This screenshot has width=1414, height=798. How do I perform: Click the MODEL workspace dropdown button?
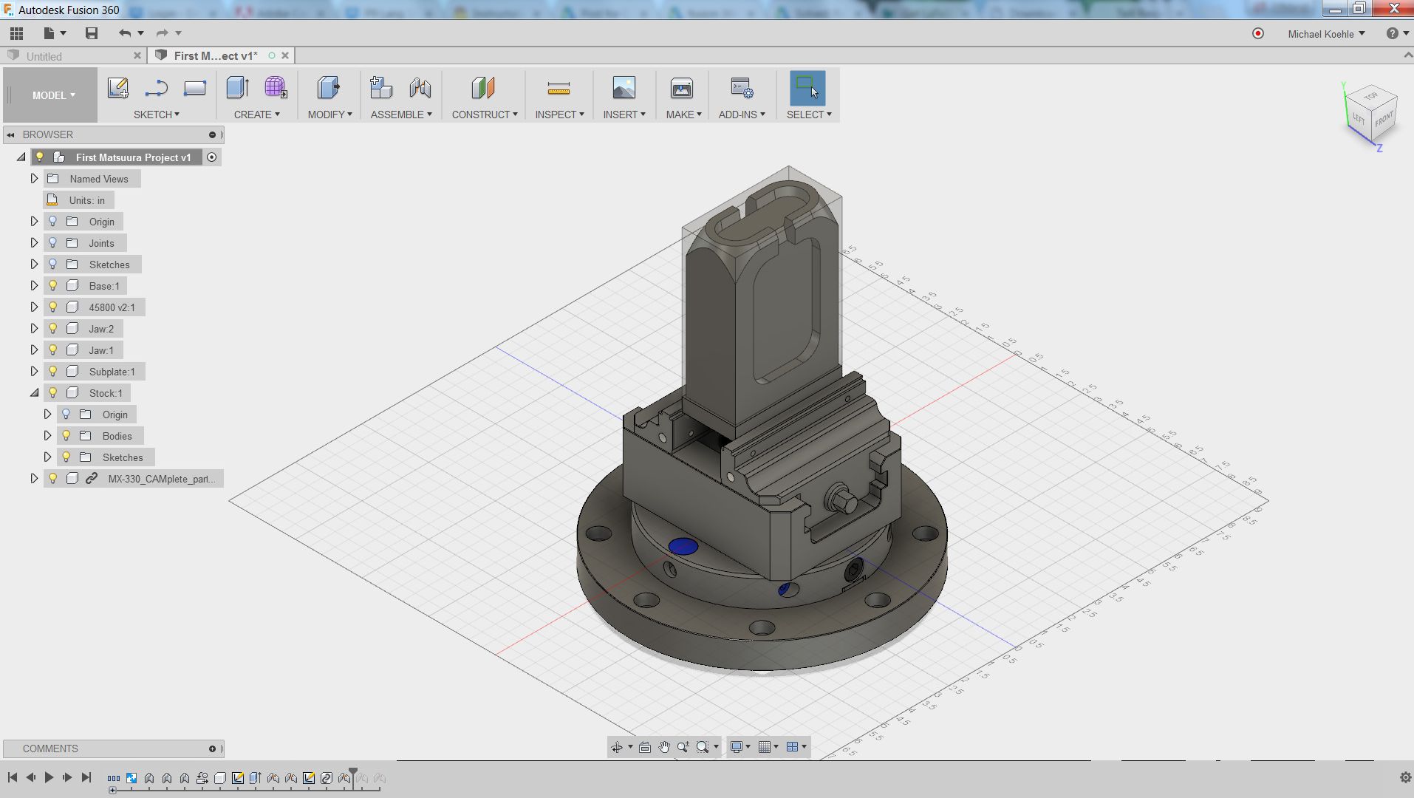point(52,95)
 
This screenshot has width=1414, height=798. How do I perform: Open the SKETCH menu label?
point(156,115)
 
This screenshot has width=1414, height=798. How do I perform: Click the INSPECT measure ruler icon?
point(559,89)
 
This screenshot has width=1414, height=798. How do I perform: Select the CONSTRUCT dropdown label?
point(484,115)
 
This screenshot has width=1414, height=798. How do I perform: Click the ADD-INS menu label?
point(741,115)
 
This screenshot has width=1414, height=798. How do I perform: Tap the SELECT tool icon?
point(807,88)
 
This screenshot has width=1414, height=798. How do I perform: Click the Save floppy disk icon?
point(92,33)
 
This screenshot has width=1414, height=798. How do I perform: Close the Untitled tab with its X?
point(137,55)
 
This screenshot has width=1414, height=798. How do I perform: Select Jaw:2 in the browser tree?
point(101,329)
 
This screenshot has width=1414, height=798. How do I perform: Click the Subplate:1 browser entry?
point(112,372)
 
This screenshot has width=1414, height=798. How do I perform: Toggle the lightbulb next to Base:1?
point(52,286)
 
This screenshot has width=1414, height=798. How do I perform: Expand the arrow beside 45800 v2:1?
point(34,307)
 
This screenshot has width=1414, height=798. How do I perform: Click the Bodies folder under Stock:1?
point(117,436)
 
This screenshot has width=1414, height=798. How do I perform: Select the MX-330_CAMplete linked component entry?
point(161,479)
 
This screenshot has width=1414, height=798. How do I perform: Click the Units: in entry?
point(86,200)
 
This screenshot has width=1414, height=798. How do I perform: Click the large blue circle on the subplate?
point(683,547)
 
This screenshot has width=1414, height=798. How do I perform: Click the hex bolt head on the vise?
point(841,499)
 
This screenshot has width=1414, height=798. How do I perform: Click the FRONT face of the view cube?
point(1384,120)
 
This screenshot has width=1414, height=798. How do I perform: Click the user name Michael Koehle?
point(1320,34)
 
